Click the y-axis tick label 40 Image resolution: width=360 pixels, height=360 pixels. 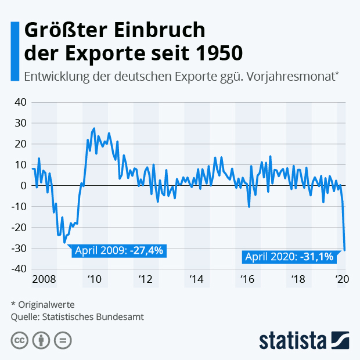pos(20,102)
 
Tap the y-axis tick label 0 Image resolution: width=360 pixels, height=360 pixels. pos(24,186)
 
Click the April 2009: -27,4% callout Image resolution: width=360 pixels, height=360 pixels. pos(119,251)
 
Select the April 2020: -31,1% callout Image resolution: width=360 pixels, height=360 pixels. pos(290,257)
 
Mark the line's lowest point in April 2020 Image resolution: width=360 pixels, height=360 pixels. pos(344,250)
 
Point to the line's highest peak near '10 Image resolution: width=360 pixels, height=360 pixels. pos(94,128)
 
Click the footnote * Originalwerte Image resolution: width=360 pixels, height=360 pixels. pos(42,304)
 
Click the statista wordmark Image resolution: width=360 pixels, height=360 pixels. pos(294,340)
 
